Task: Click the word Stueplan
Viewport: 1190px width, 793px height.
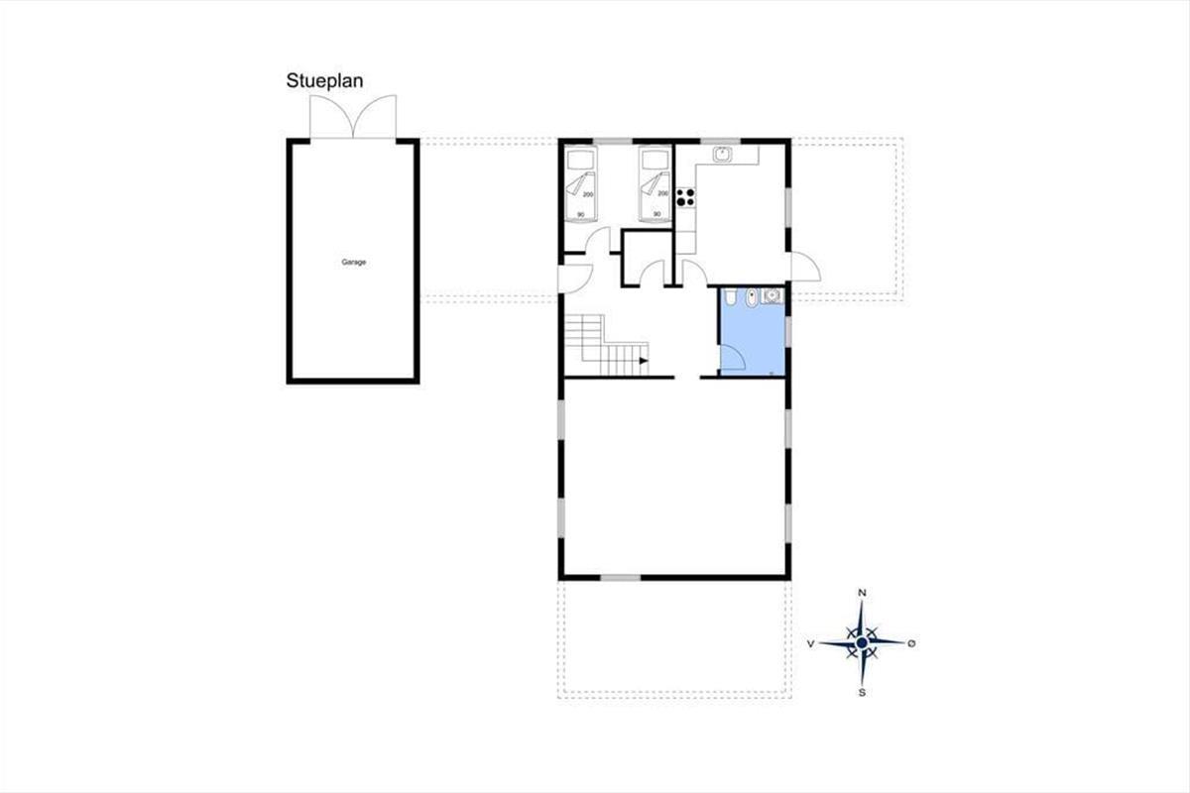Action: pos(324,81)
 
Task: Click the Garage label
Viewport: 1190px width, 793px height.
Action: pos(354,262)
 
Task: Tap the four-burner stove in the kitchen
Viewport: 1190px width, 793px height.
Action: pos(685,197)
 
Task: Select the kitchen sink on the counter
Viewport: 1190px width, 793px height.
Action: pos(723,154)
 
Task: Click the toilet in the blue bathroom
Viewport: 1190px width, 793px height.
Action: pos(730,297)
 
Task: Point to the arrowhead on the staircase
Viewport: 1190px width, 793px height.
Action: pos(644,361)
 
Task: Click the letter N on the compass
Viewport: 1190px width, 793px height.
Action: pos(862,593)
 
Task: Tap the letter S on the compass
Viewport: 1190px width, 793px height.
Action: pos(862,693)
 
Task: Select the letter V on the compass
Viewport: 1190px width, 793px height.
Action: pos(811,643)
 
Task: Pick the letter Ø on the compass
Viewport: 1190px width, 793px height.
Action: pos(911,643)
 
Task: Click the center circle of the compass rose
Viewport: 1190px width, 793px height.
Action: pos(862,643)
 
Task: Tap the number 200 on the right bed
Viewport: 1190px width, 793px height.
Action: pos(663,193)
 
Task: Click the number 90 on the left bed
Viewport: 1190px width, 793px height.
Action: pos(581,214)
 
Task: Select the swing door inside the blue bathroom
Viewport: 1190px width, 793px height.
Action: pos(733,357)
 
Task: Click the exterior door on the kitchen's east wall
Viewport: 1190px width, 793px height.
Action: pos(806,267)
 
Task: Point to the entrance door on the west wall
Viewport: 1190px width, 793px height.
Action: pos(575,279)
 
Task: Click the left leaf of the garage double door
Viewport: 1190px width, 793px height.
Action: pos(332,116)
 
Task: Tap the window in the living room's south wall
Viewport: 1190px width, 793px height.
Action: pos(620,577)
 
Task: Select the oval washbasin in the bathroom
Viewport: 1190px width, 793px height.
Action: pos(751,298)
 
